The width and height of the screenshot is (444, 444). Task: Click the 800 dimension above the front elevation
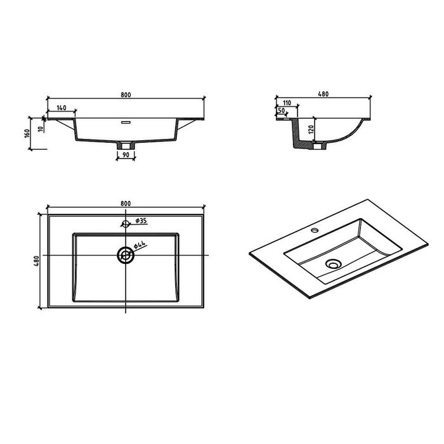126,95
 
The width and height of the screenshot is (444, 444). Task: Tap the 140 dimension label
62,108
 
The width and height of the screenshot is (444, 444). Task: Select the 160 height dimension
27,133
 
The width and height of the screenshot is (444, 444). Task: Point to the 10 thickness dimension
41,129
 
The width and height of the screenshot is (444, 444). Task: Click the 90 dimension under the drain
126,155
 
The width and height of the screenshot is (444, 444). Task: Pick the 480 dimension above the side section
323,94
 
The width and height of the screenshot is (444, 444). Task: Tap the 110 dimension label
287,103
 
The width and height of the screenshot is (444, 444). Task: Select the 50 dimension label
282,110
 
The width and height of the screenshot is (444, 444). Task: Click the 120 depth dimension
311,129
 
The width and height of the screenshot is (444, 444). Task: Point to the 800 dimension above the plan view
126,204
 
